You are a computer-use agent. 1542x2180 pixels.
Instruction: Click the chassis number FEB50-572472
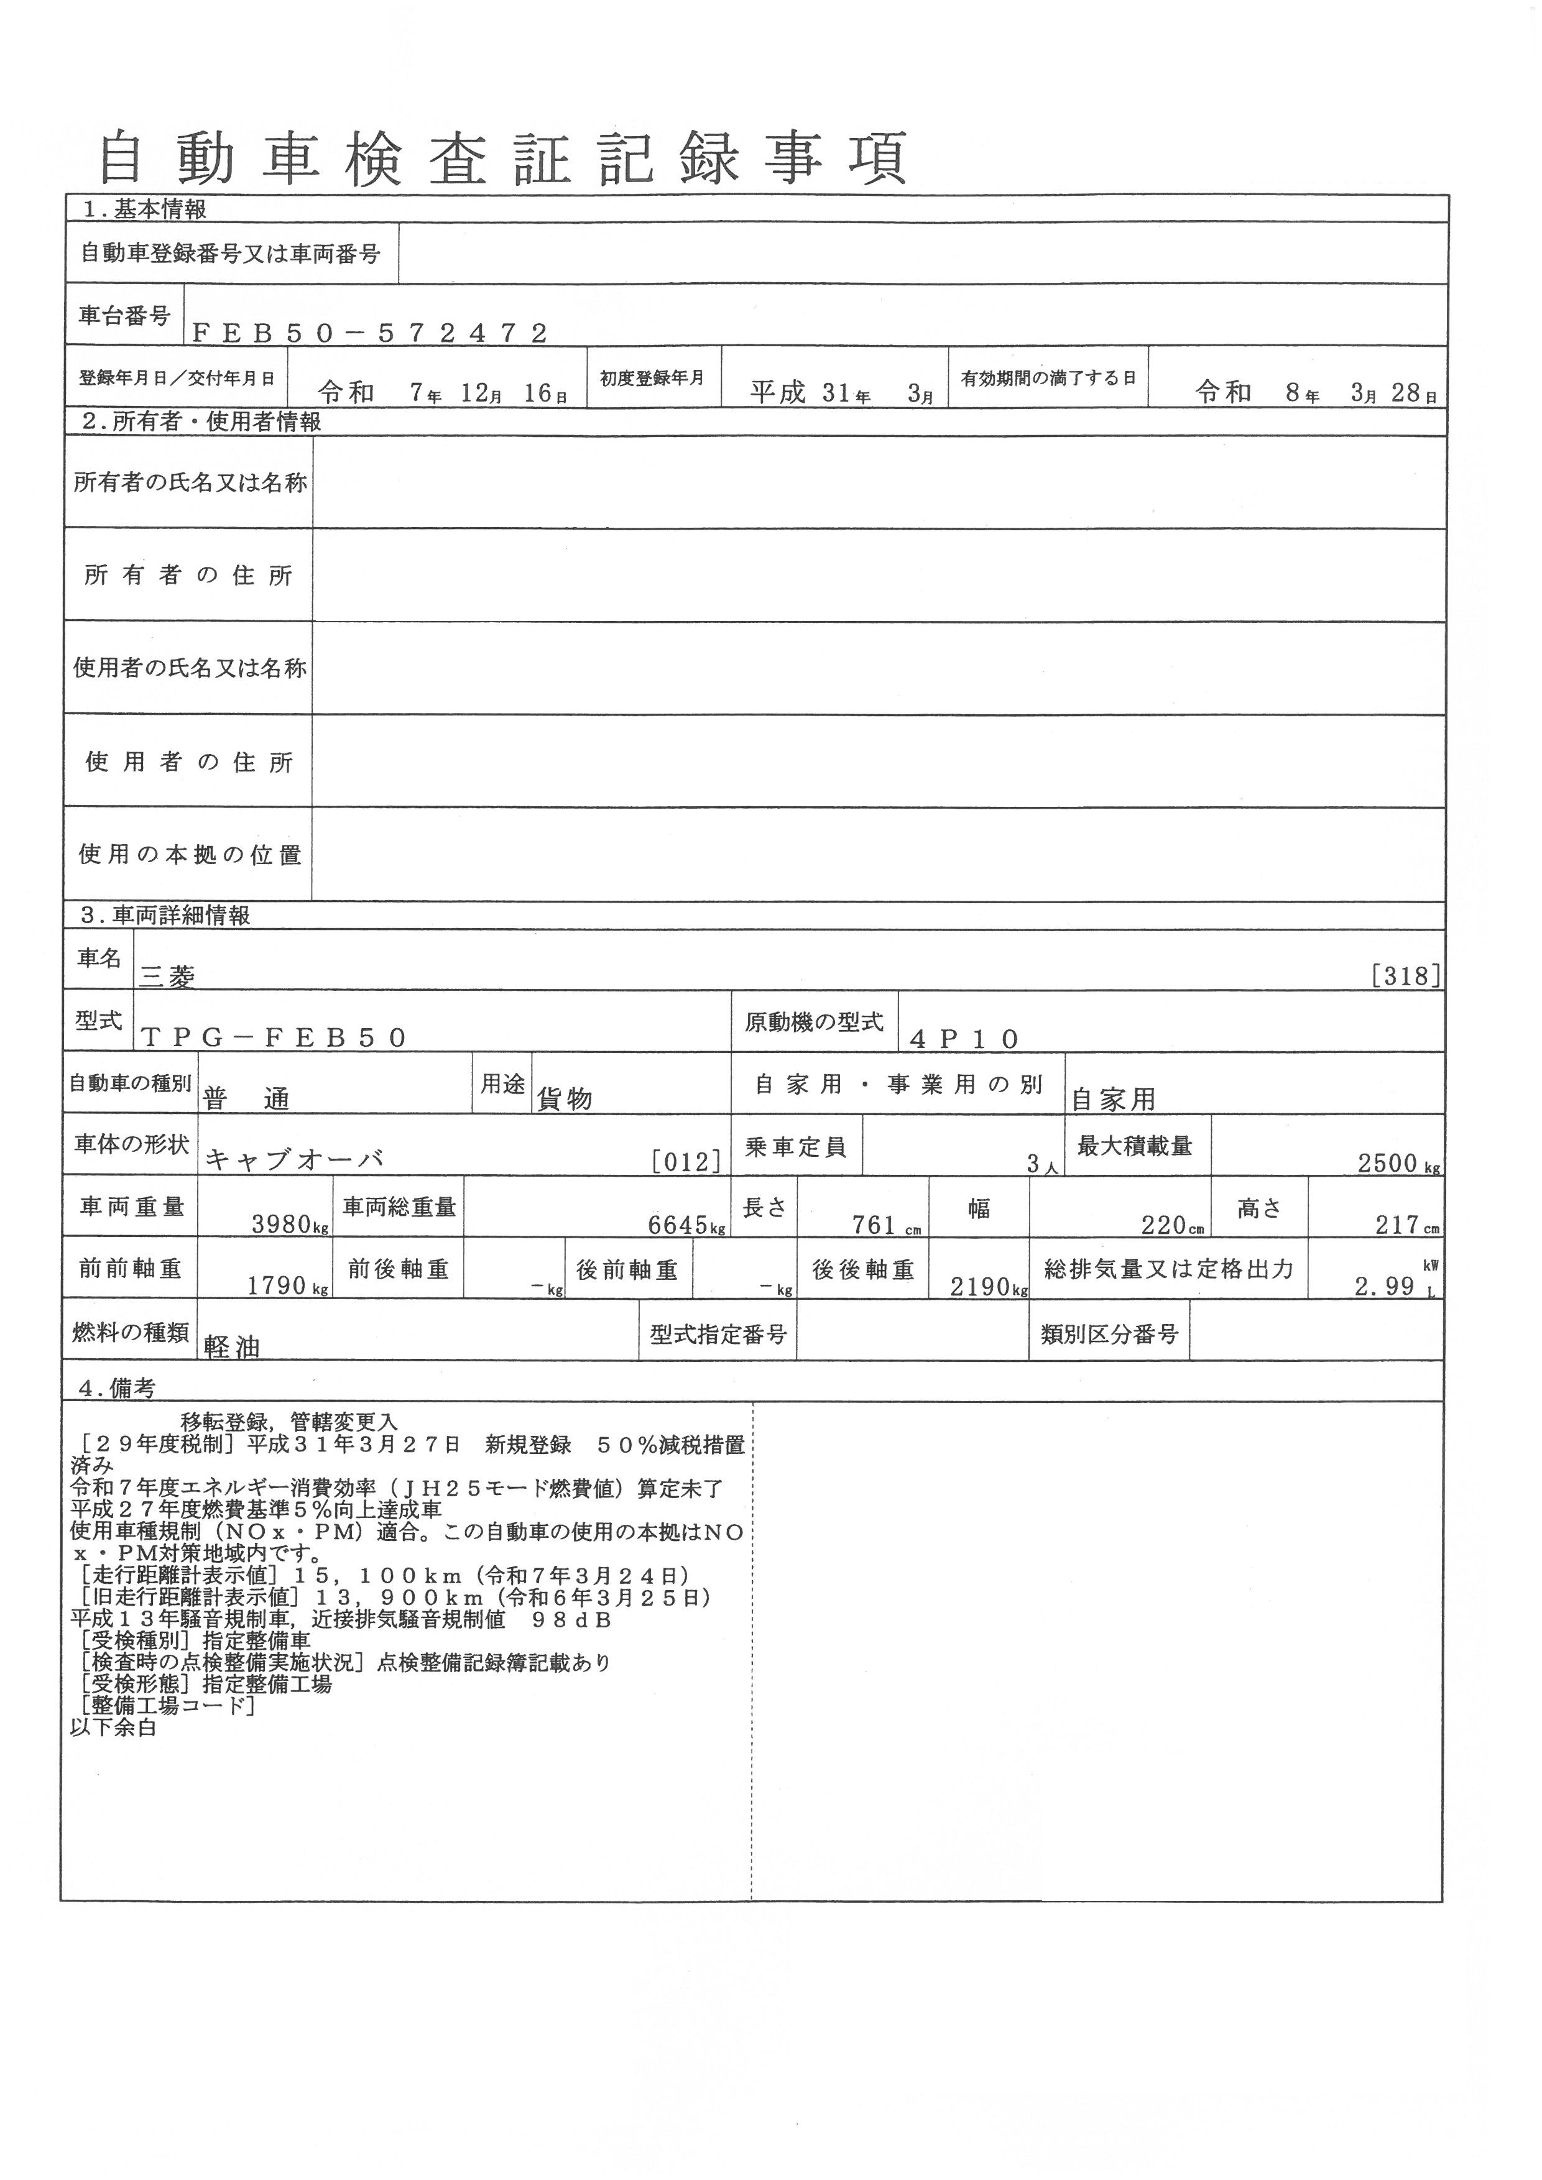[x=371, y=333]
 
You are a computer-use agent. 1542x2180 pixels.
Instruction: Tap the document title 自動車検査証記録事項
[x=503, y=158]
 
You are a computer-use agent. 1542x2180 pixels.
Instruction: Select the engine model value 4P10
[x=964, y=1039]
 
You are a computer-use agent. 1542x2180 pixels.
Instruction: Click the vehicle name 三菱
[x=167, y=975]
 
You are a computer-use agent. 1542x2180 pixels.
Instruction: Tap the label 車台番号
[x=124, y=315]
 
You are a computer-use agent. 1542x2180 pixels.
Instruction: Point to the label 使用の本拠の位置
[x=190, y=855]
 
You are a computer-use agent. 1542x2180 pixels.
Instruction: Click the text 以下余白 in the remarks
[x=114, y=1727]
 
